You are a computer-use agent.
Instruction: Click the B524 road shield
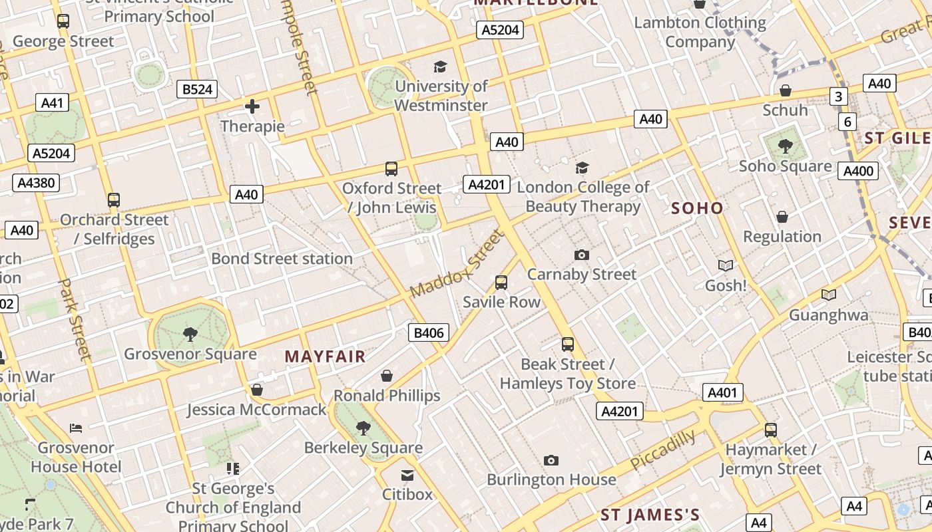(x=197, y=89)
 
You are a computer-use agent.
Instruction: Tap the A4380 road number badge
(x=36, y=183)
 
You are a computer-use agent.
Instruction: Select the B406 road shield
(x=429, y=332)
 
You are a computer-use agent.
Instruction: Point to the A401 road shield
(x=722, y=392)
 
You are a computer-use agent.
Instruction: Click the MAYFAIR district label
(x=326, y=356)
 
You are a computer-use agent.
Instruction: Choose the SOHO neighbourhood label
(x=697, y=208)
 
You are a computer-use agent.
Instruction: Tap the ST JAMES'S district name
(x=650, y=515)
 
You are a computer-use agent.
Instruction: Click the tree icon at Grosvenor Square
(x=190, y=334)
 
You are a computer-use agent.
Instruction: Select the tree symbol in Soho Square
(x=785, y=146)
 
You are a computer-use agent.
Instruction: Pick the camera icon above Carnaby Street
(x=581, y=255)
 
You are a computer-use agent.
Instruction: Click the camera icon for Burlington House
(x=551, y=460)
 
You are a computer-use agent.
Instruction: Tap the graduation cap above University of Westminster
(x=440, y=66)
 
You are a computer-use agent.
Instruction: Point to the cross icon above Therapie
(x=252, y=106)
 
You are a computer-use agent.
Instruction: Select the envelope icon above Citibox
(x=407, y=475)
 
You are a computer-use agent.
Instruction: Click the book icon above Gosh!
(x=725, y=266)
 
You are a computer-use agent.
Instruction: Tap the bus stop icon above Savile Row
(x=501, y=283)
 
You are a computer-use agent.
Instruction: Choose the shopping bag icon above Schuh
(x=786, y=90)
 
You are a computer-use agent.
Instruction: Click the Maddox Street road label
(x=457, y=264)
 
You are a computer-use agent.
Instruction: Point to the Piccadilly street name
(x=663, y=450)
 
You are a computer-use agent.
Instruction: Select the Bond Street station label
(x=282, y=258)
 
